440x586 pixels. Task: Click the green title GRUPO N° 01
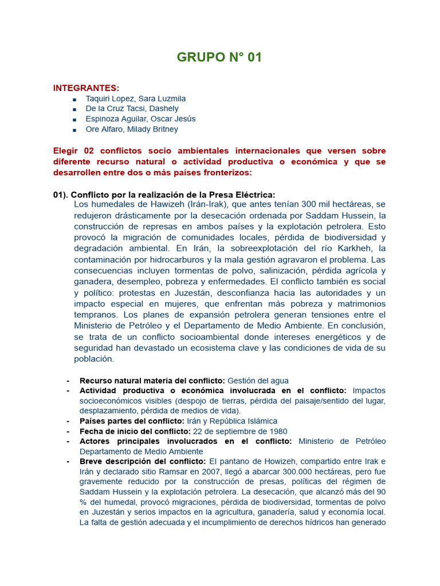click(219, 57)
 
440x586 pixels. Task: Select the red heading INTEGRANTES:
click(87, 88)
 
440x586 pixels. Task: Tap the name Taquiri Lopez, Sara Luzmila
click(136, 98)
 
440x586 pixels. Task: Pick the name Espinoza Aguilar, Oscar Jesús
click(140, 119)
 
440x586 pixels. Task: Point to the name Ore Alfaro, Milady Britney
click(132, 129)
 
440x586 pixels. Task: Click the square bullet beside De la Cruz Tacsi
click(74, 109)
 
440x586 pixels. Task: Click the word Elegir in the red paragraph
click(65, 151)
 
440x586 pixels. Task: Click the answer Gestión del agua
click(258, 381)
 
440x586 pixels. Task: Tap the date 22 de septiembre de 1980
click(240, 431)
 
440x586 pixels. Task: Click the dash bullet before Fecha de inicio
click(68, 431)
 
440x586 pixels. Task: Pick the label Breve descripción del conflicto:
click(143, 462)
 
